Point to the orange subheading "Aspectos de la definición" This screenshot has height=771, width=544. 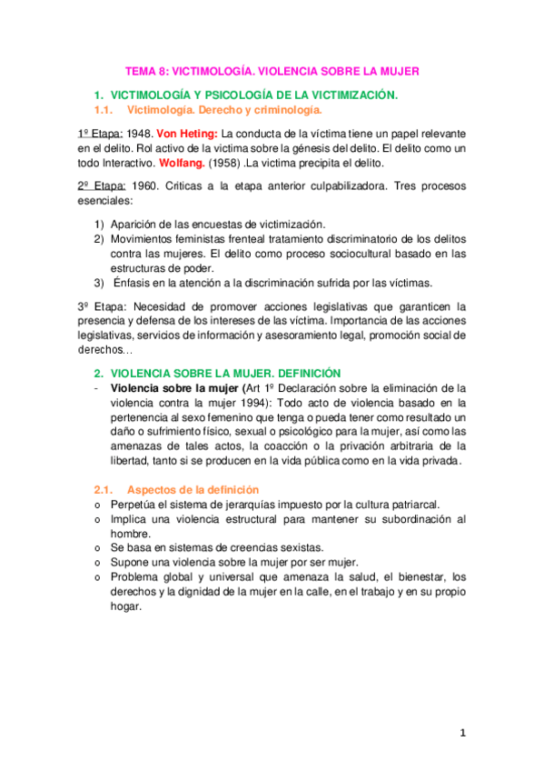(193, 489)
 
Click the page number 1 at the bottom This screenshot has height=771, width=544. (462, 732)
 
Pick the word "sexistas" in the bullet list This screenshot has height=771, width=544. (296, 547)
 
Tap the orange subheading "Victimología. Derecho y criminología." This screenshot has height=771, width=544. (225, 110)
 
